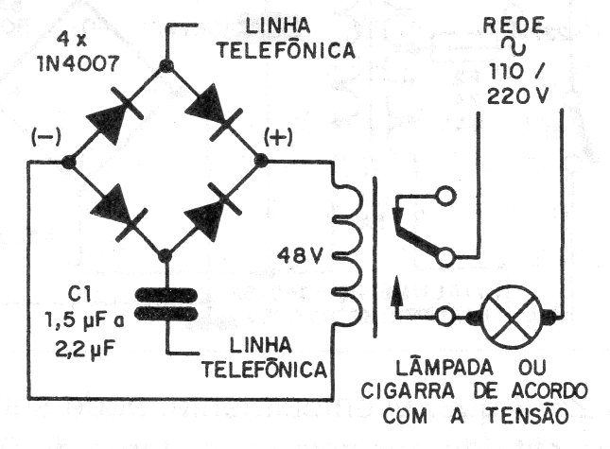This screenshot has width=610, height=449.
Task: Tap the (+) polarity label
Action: point(278,138)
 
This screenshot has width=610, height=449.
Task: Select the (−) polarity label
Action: point(46,137)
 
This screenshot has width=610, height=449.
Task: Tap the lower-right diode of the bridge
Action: point(212,212)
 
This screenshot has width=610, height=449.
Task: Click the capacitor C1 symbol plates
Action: point(166,303)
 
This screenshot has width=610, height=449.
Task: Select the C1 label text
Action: point(79,295)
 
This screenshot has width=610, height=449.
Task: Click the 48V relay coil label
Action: point(300,256)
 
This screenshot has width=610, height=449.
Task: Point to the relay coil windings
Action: point(348,249)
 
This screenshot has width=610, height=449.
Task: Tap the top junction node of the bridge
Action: point(166,66)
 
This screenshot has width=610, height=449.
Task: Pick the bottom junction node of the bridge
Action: point(166,256)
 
